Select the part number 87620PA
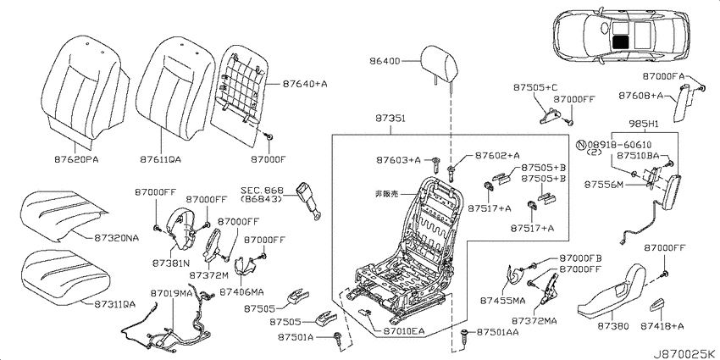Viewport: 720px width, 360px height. pos(77,159)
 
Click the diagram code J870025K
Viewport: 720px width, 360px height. pos(685,354)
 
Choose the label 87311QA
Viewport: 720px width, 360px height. pos(115,304)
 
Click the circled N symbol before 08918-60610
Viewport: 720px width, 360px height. pos(580,145)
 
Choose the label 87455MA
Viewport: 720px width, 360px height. pos(502,301)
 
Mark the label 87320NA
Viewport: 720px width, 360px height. pos(117,238)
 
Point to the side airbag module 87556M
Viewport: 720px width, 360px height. pos(669,192)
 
